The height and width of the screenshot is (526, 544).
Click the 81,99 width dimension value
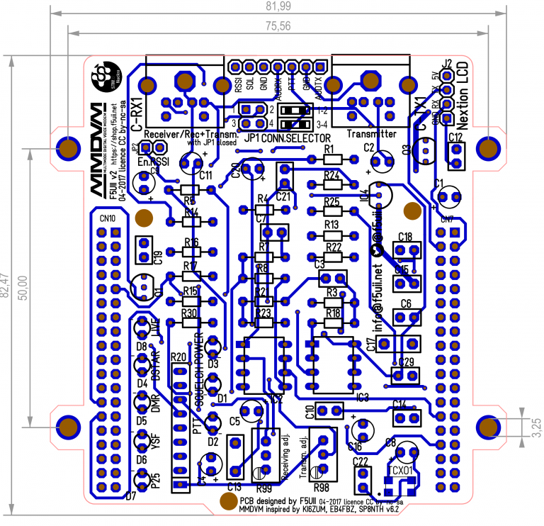278,6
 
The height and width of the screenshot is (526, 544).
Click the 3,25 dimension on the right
536,425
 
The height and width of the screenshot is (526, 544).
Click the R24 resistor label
331,174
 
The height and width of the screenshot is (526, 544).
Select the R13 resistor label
331,224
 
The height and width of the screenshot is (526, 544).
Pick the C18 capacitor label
405,237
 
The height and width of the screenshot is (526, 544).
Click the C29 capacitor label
406,362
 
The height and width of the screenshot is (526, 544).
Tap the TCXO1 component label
401,469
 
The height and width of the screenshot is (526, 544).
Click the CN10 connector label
108,218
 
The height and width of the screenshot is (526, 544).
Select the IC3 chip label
363,398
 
